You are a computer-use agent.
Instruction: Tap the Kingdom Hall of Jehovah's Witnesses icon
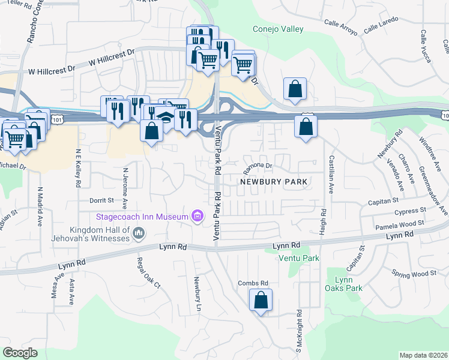(x=139, y=232)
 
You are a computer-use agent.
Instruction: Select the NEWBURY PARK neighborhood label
(x=273, y=181)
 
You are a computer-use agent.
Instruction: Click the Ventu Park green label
(x=299, y=258)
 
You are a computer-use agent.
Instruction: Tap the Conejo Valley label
(x=278, y=29)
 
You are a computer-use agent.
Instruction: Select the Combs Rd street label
(x=253, y=283)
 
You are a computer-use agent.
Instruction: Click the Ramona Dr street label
(x=258, y=165)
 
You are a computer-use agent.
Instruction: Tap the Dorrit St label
(x=101, y=200)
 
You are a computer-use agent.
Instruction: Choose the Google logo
(x=20, y=353)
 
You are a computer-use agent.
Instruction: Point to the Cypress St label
(x=411, y=211)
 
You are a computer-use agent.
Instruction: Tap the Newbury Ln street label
(x=197, y=294)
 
